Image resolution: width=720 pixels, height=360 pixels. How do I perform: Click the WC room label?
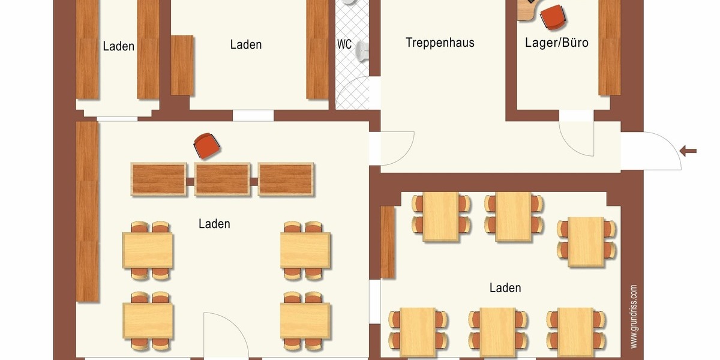(x=344, y=44)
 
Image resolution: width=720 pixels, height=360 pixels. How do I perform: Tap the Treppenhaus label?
(x=440, y=43)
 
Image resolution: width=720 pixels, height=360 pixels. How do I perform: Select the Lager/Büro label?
(x=556, y=43)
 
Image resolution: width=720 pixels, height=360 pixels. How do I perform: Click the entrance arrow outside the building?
(x=689, y=150)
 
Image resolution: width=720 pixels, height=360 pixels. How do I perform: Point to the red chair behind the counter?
(x=207, y=145)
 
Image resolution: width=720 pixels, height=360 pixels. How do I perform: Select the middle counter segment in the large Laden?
(x=222, y=179)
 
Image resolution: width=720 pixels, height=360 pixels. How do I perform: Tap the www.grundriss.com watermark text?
(x=634, y=316)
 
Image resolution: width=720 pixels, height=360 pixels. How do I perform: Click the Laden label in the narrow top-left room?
(x=118, y=46)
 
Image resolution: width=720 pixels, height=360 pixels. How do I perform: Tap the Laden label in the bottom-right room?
(x=505, y=288)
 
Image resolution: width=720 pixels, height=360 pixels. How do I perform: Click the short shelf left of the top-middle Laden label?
(x=182, y=65)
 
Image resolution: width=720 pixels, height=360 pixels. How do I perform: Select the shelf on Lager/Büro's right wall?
(x=610, y=48)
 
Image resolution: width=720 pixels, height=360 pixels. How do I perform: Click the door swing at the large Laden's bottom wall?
(x=226, y=336)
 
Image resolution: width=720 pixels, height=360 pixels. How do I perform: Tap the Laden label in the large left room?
(x=214, y=224)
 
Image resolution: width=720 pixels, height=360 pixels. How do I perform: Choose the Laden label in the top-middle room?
(x=245, y=44)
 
